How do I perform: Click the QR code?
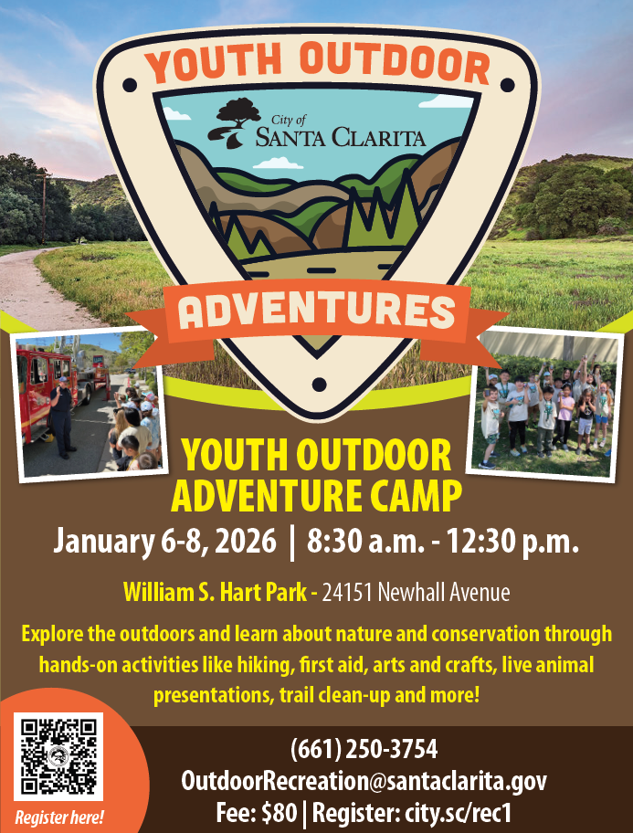click(x=58, y=756)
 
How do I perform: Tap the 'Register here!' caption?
click(x=59, y=817)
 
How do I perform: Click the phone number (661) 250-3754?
click(x=364, y=749)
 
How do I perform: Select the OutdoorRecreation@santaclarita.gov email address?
click(x=364, y=781)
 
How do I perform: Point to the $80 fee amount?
click(x=279, y=813)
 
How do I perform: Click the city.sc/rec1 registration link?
click(x=459, y=813)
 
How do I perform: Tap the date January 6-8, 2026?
click(x=164, y=542)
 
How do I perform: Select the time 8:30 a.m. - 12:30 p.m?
click(x=443, y=542)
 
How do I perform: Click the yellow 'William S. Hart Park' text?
click(x=216, y=592)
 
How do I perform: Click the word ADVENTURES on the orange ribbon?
click(x=317, y=311)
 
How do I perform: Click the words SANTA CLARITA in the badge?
click(x=341, y=137)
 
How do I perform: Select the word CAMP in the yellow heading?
click(x=414, y=496)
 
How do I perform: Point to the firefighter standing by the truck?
click(x=63, y=417)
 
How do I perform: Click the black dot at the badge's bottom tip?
click(x=319, y=385)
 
